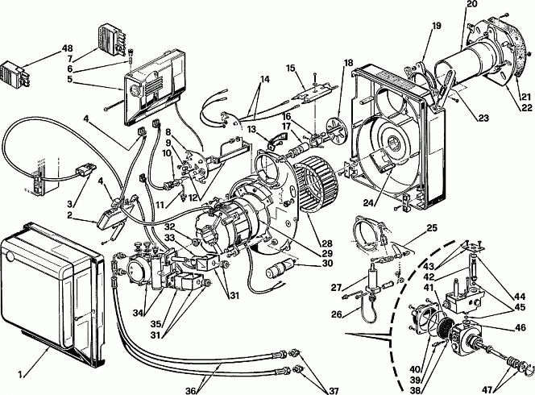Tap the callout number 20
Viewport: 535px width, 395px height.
tap(472, 5)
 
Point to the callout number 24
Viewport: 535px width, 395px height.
tap(368, 203)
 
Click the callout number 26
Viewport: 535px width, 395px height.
tap(337, 314)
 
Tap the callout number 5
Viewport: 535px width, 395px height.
tap(69, 79)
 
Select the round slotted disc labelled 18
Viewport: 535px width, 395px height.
tap(335, 127)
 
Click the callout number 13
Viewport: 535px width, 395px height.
tap(251, 129)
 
